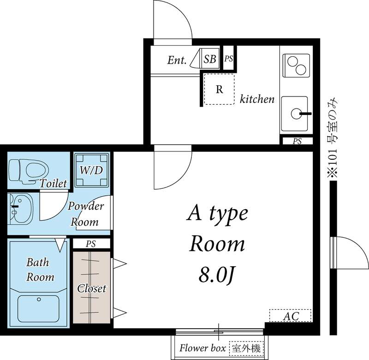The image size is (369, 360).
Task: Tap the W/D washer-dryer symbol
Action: (x=91, y=170)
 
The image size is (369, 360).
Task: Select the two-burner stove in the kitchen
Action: (x=296, y=66)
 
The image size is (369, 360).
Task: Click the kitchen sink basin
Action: (x=295, y=114)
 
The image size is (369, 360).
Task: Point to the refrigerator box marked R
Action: (x=220, y=89)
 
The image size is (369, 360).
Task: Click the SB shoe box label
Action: (x=210, y=59)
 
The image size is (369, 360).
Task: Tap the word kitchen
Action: (x=257, y=99)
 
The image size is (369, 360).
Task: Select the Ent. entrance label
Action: (x=177, y=60)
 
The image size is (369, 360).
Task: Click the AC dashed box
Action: (x=291, y=316)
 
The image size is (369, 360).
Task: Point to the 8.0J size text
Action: (x=217, y=275)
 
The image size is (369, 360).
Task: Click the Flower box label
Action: (x=202, y=348)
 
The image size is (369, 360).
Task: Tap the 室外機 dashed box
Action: (x=246, y=348)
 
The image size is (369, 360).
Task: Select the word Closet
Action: (x=91, y=288)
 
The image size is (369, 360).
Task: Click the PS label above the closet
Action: (x=91, y=244)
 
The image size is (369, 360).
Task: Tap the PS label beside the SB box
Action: (x=228, y=59)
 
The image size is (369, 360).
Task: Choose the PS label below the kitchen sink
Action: (x=297, y=141)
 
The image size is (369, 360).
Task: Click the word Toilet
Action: (x=53, y=183)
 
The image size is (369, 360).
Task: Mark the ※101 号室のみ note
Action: (x=333, y=138)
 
